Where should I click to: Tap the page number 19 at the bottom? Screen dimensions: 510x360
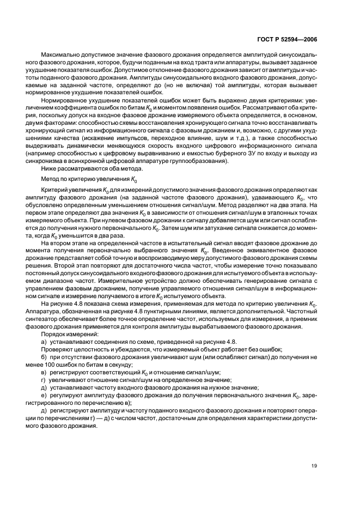coord(314,465)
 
